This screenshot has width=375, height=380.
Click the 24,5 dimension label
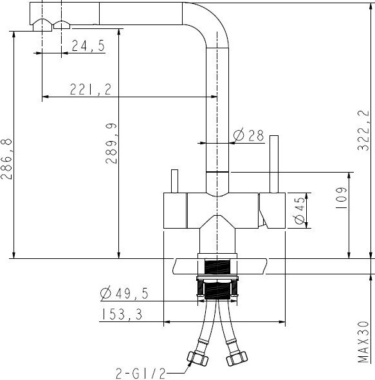pos(88,46)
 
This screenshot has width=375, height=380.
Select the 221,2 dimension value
pos(89,90)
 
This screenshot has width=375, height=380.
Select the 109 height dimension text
pos(341,198)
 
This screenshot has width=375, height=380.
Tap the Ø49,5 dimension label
pos(124,294)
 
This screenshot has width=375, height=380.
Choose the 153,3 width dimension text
pos(122,314)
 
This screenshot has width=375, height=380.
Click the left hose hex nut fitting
pos(196,357)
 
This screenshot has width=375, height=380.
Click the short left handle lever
pos(173,181)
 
